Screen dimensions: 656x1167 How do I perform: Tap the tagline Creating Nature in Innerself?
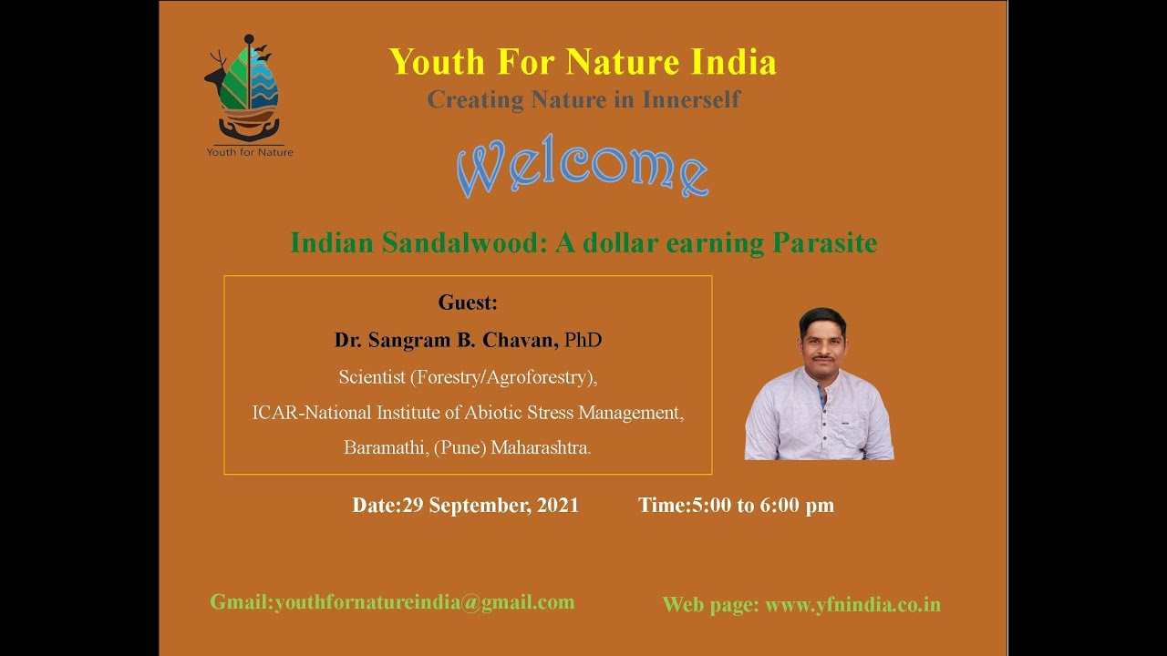[x=583, y=99]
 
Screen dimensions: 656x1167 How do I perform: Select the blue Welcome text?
[x=582, y=169]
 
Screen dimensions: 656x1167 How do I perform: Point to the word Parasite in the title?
[x=824, y=243]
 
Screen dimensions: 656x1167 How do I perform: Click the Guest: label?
[x=468, y=302]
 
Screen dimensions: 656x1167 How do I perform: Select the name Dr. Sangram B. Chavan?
[x=446, y=340]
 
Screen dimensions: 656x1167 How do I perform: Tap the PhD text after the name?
[x=583, y=340]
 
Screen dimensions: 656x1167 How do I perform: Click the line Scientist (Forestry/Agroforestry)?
[x=468, y=376]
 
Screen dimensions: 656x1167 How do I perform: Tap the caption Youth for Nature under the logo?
[x=250, y=152]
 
